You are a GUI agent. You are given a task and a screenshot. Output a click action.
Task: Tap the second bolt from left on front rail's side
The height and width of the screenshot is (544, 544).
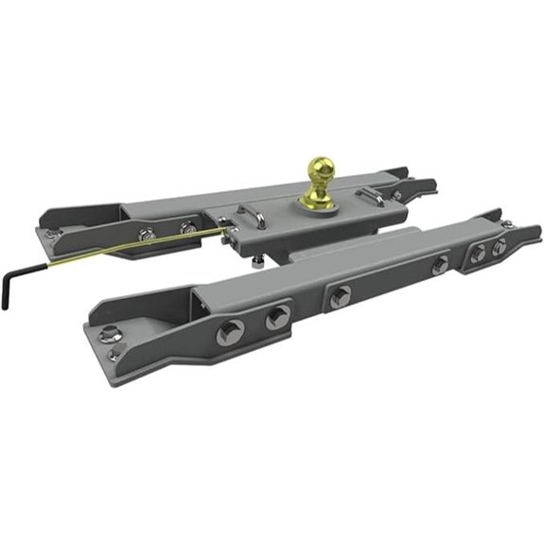[x=276, y=318]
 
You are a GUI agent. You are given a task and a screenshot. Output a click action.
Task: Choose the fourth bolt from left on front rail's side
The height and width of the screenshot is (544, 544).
[x=440, y=266]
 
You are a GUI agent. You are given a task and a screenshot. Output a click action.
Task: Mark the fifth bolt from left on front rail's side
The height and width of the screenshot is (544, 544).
[x=478, y=254]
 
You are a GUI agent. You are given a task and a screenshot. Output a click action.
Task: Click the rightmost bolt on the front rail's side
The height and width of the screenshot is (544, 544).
[x=500, y=246]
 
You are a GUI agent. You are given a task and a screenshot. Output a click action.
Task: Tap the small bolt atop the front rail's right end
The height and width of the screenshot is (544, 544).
[x=509, y=224]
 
